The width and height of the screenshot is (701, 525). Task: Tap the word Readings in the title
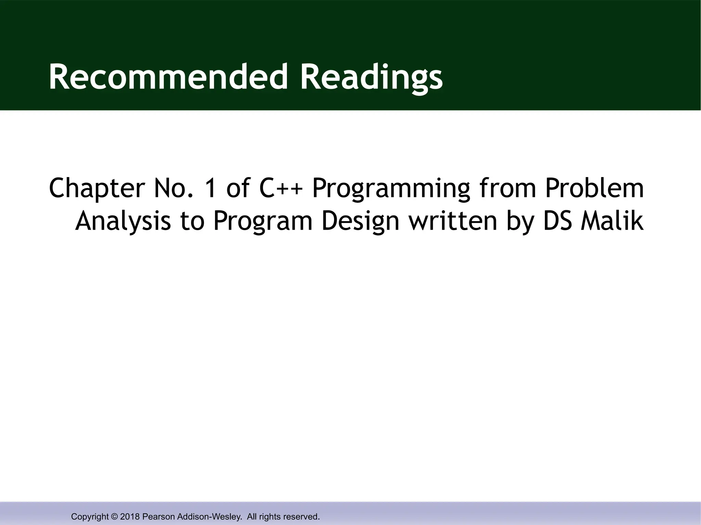coord(371,77)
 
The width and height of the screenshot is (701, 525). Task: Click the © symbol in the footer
coord(114,516)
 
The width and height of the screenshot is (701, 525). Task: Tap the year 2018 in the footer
coord(130,516)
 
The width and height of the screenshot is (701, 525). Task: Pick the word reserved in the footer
coord(302,516)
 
